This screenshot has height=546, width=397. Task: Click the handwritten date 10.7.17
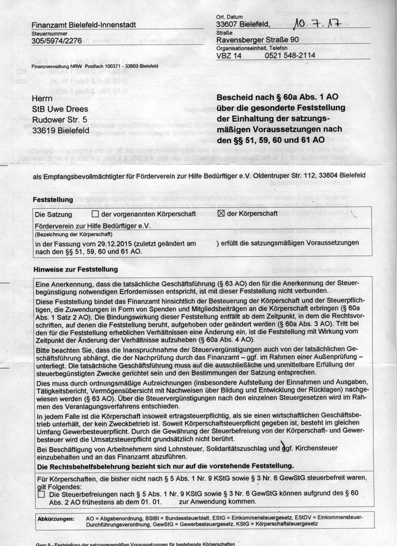[x=320, y=22]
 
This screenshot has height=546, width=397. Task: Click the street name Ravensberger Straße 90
[x=257, y=40]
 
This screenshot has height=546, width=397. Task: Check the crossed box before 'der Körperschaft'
[x=221, y=213]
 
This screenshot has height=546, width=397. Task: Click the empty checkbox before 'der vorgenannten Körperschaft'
[x=95, y=213]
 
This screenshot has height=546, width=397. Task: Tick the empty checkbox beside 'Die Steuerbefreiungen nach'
[x=41, y=494]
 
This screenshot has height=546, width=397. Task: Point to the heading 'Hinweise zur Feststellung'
[x=75, y=269]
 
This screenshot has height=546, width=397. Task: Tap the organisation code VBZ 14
[x=229, y=55]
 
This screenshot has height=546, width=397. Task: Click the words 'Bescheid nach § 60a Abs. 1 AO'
[x=278, y=97]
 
